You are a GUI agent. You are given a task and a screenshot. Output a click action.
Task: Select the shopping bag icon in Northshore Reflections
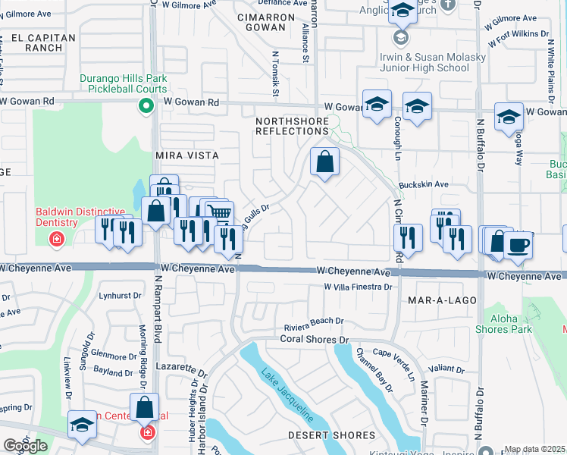(324, 162)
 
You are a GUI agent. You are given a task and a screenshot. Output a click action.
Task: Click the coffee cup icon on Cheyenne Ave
(518, 245)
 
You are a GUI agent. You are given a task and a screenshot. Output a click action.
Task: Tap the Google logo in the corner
(25, 446)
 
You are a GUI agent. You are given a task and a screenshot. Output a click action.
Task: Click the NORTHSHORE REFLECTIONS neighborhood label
(292, 126)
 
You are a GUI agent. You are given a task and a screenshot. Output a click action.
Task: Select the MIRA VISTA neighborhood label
(186, 155)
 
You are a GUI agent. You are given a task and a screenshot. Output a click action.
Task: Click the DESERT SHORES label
(331, 435)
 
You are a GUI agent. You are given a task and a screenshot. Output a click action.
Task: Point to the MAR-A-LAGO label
(442, 300)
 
